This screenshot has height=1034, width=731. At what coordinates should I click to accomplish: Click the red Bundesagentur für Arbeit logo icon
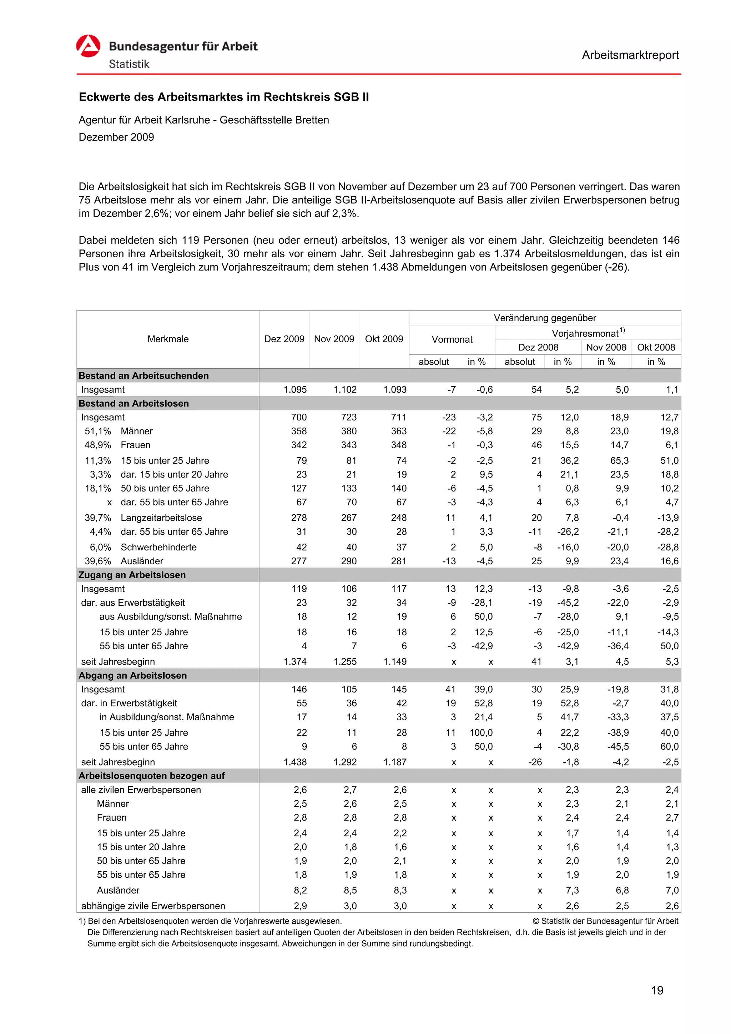(88, 46)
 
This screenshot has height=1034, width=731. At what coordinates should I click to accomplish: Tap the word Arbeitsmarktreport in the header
(630, 55)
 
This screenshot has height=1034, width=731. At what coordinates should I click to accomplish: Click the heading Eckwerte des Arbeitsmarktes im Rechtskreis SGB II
(223, 97)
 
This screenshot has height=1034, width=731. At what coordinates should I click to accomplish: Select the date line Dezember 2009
(116, 137)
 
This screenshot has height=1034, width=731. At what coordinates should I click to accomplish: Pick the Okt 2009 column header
(384, 339)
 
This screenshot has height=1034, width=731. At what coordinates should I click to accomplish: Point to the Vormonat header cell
(452, 339)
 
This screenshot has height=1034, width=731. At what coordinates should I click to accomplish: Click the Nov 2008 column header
(606, 347)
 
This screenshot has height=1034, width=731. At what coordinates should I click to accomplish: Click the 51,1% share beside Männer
(98, 431)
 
